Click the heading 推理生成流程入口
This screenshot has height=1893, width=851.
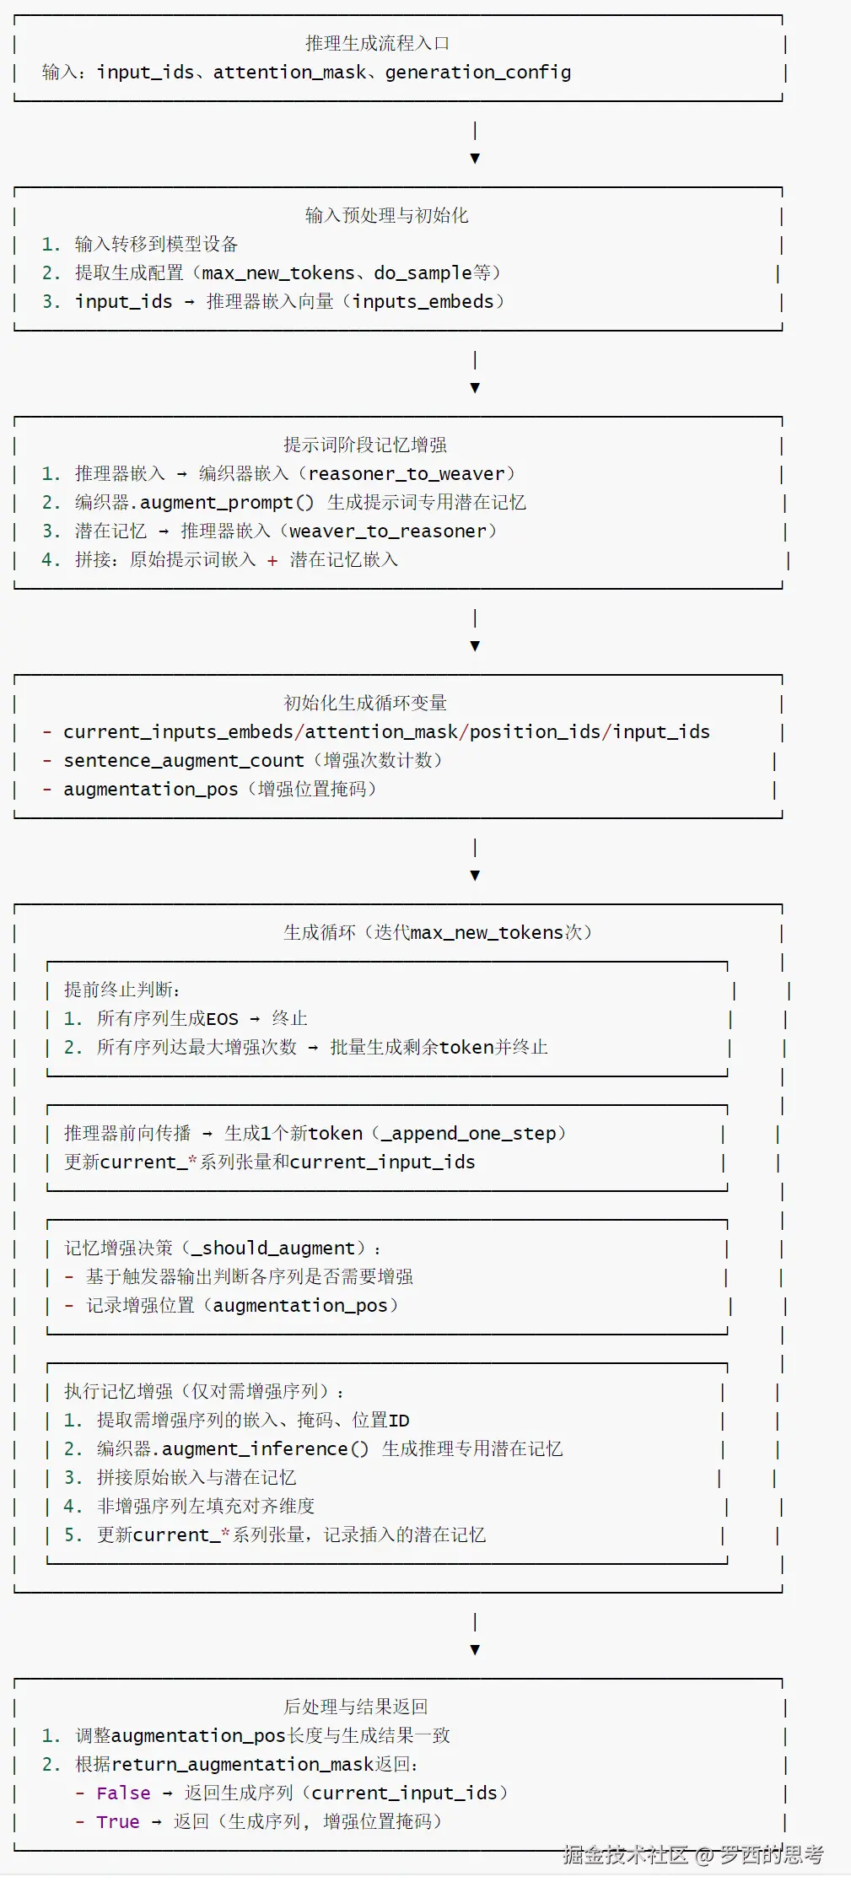pyautogui.click(x=377, y=43)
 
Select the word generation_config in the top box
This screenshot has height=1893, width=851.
pyautogui.click(x=477, y=73)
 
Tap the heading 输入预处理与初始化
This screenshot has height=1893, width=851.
pyautogui.click(x=386, y=215)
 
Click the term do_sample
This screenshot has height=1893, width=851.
pyautogui.click(x=423, y=272)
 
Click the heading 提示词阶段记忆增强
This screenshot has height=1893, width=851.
pyautogui.click(x=365, y=445)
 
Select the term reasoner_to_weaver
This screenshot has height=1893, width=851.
pyautogui.click(x=407, y=473)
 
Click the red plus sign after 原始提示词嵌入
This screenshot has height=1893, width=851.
pyautogui.click(x=272, y=560)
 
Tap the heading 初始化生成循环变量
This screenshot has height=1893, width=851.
pyautogui.click(x=365, y=703)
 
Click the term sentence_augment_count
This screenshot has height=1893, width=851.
pyautogui.click(x=184, y=760)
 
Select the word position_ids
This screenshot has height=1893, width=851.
pyautogui.click(x=535, y=731)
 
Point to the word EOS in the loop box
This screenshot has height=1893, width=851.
pyautogui.click(x=222, y=1019)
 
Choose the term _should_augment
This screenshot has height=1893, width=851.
pyautogui.click(x=278, y=1248)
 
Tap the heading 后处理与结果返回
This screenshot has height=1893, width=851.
pyautogui.click(x=356, y=1707)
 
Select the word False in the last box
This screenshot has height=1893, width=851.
pyautogui.click(x=123, y=1793)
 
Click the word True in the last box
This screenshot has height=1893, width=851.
pyautogui.click(x=118, y=1821)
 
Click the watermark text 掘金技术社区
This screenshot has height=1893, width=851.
pyautogui.click(x=625, y=1853)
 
